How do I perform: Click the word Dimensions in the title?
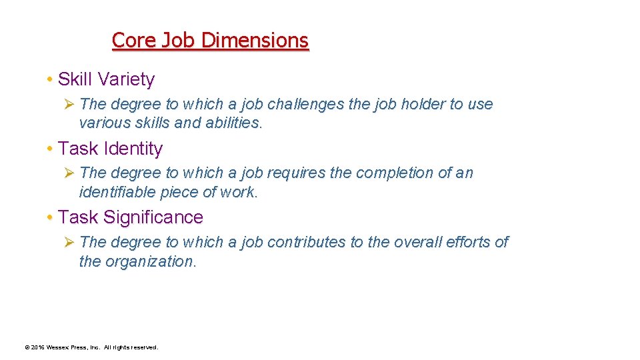click(255, 41)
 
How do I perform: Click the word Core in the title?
click(135, 41)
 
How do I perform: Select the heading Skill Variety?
click(107, 79)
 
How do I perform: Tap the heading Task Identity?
click(111, 148)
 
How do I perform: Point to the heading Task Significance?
click(131, 217)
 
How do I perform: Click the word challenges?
click(309, 104)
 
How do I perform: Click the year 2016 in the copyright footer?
click(37, 347)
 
